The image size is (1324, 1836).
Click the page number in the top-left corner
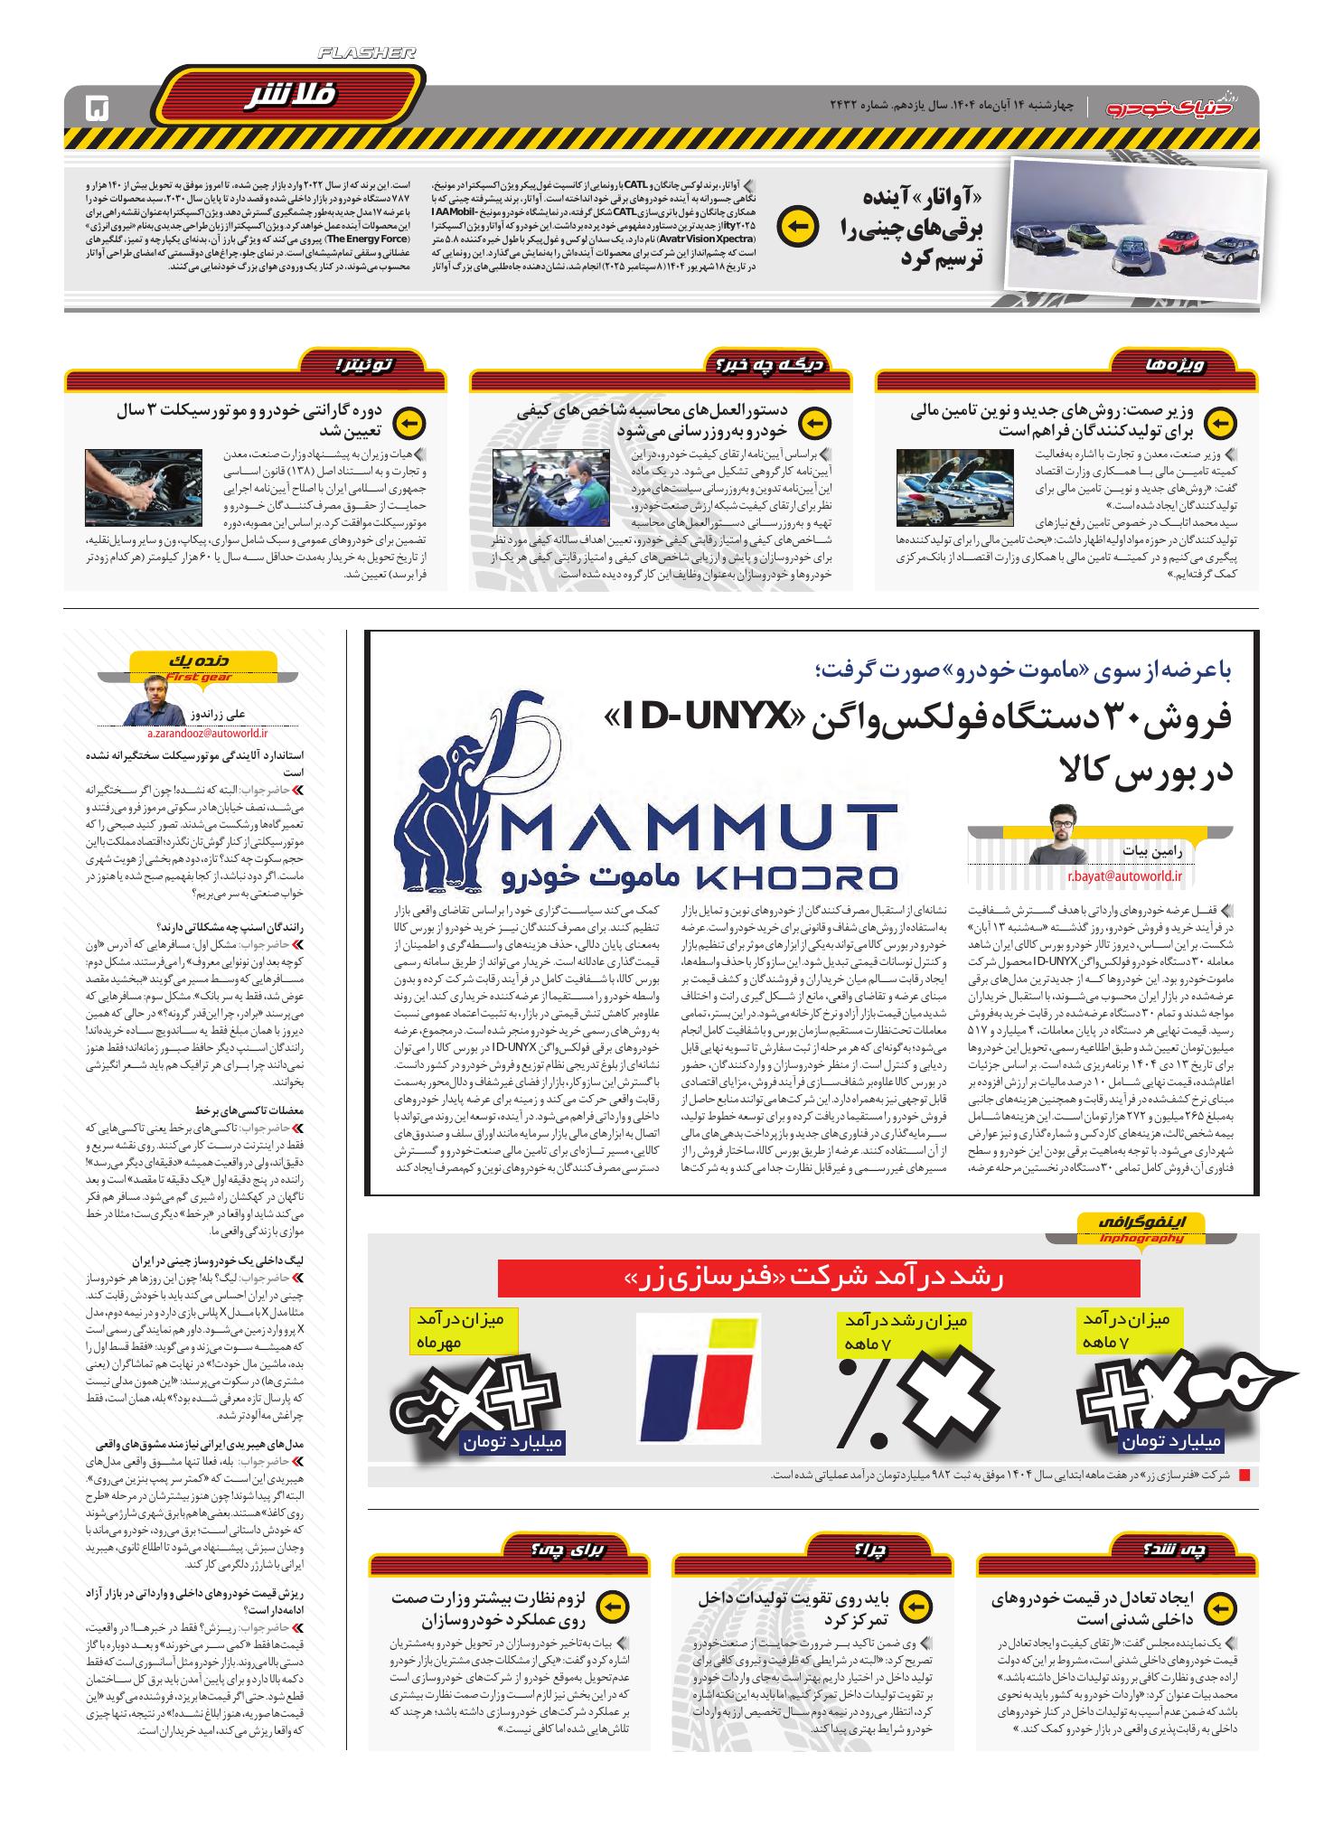point(96,110)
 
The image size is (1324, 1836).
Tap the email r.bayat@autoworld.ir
point(1124,875)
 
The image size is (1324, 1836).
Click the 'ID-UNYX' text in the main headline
point(705,718)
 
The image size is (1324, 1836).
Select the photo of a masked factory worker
point(550,488)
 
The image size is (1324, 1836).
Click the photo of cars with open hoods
point(954,488)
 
